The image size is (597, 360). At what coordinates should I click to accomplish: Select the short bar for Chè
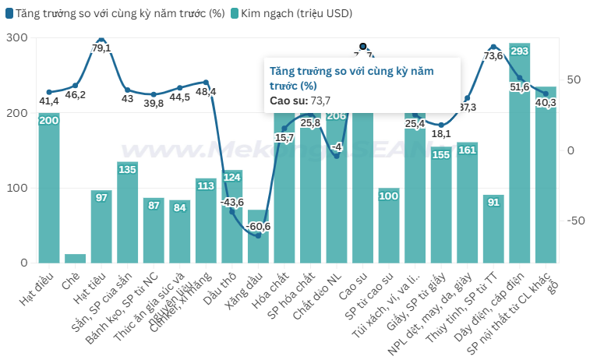coord(75,258)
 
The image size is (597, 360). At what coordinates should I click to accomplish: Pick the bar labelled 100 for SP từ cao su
coord(389,226)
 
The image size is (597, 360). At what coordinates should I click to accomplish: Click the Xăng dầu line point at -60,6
coord(258,235)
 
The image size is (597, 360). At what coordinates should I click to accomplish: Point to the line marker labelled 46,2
coord(75,86)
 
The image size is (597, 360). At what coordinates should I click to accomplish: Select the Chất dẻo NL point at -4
coord(337,156)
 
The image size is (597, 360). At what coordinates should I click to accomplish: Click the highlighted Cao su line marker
coord(362,47)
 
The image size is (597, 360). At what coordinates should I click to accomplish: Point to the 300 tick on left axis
coord(17,38)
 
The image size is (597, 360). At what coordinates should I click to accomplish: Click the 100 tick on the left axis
coord(17,189)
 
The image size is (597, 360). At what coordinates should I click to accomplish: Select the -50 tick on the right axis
coord(575,221)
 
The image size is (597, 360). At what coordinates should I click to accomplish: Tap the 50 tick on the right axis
coord(574,79)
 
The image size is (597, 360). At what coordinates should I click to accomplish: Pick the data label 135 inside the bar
coord(127,169)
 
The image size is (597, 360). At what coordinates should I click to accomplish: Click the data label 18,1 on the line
coord(440,134)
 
